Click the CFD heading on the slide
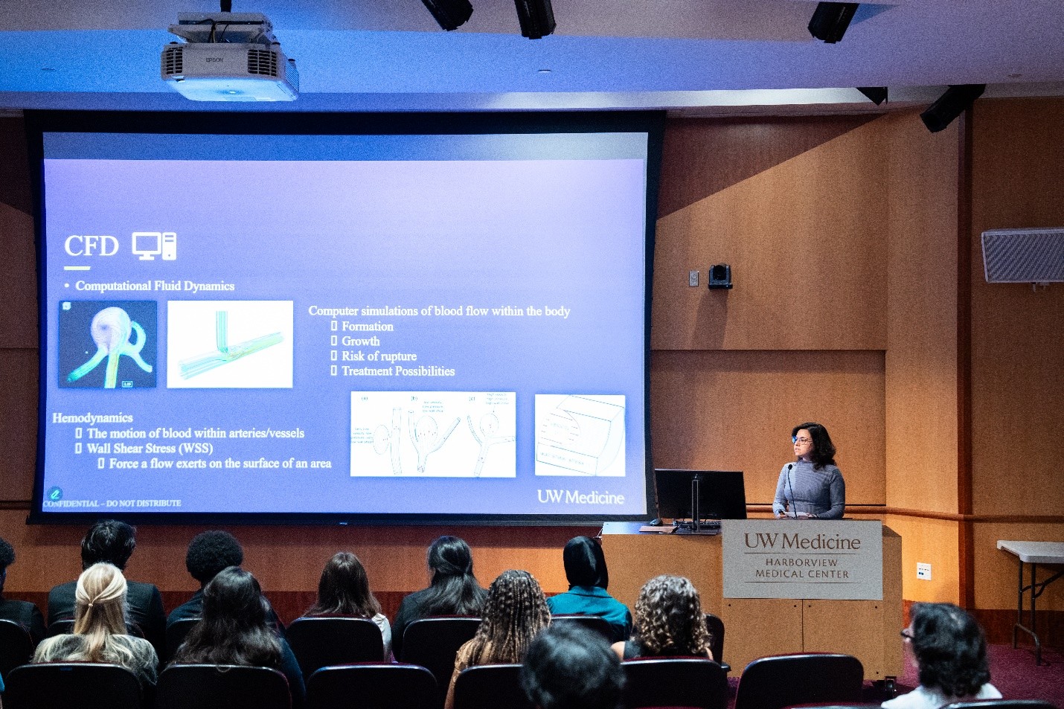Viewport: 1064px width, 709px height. pyautogui.click(x=91, y=246)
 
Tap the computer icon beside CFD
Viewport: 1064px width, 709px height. pyautogui.click(x=154, y=246)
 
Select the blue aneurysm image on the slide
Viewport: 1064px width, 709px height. pyautogui.click(x=108, y=344)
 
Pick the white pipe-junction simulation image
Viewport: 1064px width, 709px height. pyautogui.click(x=230, y=344)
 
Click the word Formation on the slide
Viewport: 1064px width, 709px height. pyautogui.click(x=368, y=327)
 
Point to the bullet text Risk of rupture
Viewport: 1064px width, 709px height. pyautogui.click(x=379, y=356)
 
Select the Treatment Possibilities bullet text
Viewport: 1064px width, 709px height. pyautogui.click(x=398, y=371)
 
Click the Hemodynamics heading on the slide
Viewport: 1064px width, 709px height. pyautogui.click(x=92, y=418)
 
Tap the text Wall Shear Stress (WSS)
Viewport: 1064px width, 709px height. pyautogui.click(x=150, y=449)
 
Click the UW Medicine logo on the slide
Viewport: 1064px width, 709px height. pyautogui.click(x=580, y=497)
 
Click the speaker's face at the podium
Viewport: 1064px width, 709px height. pyautogui.click(x=803, y=443)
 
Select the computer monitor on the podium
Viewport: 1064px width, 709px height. pyautogui.click(x=700, y=494)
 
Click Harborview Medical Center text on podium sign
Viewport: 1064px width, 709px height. pyautogui.click(x=802, y=568)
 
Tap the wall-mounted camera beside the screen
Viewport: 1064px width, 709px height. pyautogui.click(x=720, y=276)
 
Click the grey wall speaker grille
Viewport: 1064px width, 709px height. pyautogui.click(x=1023, y=255)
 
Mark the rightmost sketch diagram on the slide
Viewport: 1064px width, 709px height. pyautogui.click(x=580, y=435)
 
